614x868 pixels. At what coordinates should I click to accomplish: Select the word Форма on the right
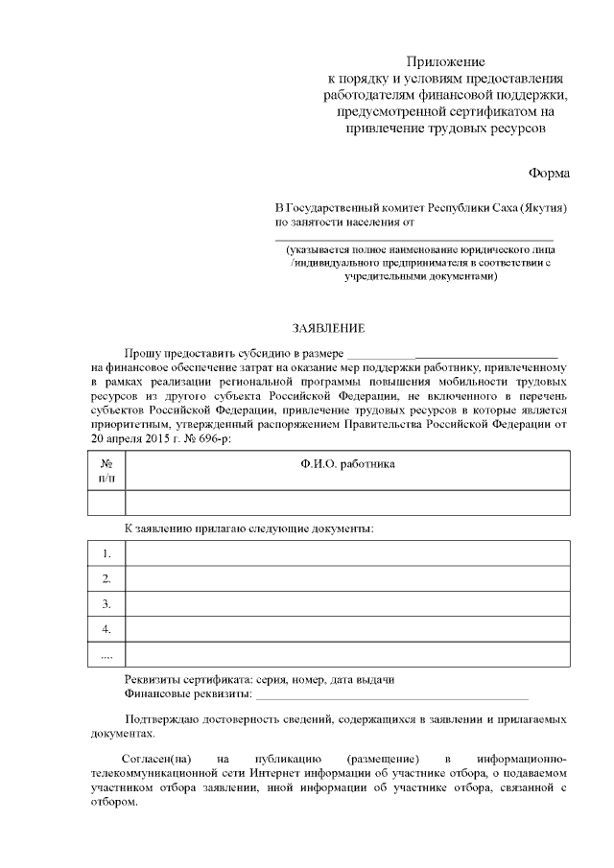[548, 173]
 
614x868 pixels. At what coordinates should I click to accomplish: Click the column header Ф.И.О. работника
[347, 464]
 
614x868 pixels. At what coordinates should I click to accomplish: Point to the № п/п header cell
[106, 469]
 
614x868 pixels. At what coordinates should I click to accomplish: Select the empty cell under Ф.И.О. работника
[347, 503]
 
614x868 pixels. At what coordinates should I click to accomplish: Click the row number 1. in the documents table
[106, 553]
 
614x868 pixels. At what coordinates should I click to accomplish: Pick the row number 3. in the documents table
[106, 604]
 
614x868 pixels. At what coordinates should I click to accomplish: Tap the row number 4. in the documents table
[106, 629]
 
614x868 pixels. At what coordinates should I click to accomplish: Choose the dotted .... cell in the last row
[106, 655]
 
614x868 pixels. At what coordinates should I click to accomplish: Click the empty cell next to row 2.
[347, 578]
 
